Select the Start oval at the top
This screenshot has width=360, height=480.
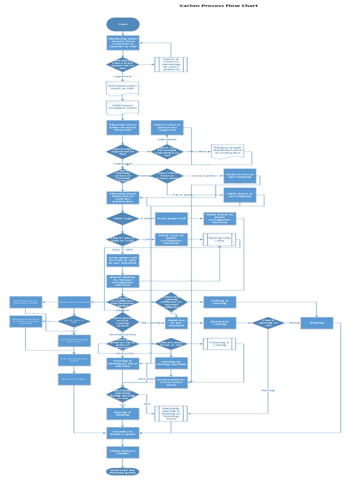point(123,24)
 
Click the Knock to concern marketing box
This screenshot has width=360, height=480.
point(171,64)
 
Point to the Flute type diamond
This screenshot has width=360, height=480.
point(123,218)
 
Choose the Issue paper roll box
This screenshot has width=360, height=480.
point(171,218)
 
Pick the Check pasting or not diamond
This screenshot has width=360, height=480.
point(268,322)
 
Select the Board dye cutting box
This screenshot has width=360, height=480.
point(219,322)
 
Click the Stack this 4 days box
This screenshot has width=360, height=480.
point(74,379)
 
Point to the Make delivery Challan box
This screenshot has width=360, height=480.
point(123,452)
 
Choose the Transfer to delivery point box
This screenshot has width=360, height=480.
point(123,433)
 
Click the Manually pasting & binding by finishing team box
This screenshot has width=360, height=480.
point(171,413)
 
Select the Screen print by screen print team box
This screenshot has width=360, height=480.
point(171,382)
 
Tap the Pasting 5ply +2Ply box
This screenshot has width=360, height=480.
point(219,240)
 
